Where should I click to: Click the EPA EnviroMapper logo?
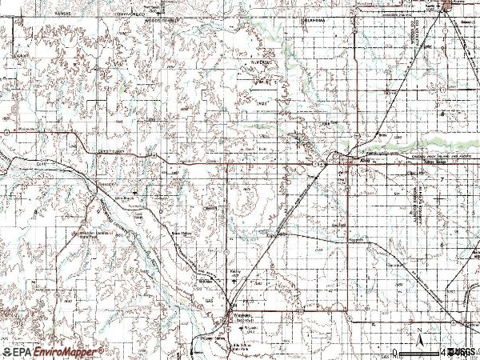pos(53,351)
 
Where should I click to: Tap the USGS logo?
pos(462,351)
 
